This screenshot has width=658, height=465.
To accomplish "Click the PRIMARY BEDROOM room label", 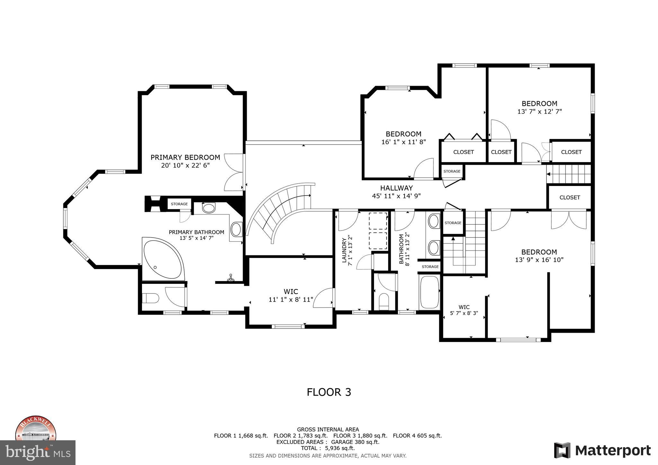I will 185,157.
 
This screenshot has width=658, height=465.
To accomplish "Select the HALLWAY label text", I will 396,188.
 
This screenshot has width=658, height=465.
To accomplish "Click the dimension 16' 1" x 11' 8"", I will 404,142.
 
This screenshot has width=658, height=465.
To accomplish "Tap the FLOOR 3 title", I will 329,392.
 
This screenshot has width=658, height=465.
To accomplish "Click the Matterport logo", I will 602,450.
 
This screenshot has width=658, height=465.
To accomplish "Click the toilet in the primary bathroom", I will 150,298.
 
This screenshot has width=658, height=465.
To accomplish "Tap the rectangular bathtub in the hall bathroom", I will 429,292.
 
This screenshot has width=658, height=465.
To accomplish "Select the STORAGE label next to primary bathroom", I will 179,204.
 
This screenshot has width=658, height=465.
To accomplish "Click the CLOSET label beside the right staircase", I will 569,197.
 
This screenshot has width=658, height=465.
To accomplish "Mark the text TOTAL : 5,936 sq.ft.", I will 327,448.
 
